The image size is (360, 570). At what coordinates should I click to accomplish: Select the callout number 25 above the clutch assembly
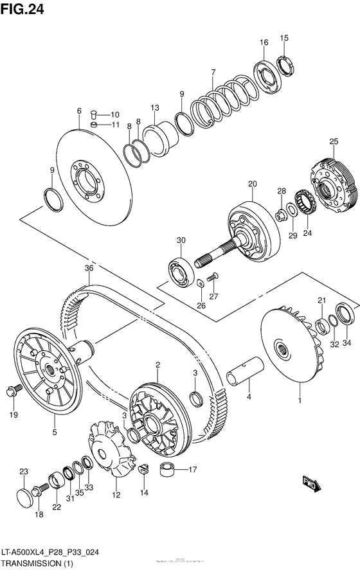[x=334, y=141]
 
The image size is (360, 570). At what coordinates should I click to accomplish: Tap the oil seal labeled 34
[x=346, y=315]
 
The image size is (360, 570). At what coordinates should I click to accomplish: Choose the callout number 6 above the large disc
[x=78, y=111]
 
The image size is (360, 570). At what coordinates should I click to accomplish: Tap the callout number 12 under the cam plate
[x=116, y=495]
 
